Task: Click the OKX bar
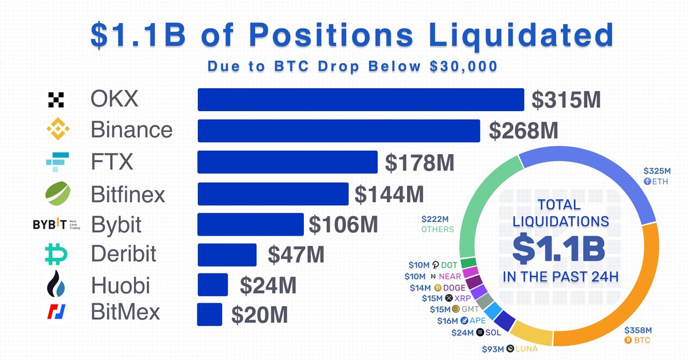[x=361, y=99]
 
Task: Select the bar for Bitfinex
[x=273, y=194]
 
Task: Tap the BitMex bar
[x=210, y=314]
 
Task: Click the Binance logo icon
[x=57, y=130]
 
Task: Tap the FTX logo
[x=57, y=162]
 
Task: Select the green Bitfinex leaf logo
[x=57, y=193]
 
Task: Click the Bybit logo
[x=55, y=225]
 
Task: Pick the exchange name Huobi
[x=120, y=284]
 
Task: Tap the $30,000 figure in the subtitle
[x=463, y=66]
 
